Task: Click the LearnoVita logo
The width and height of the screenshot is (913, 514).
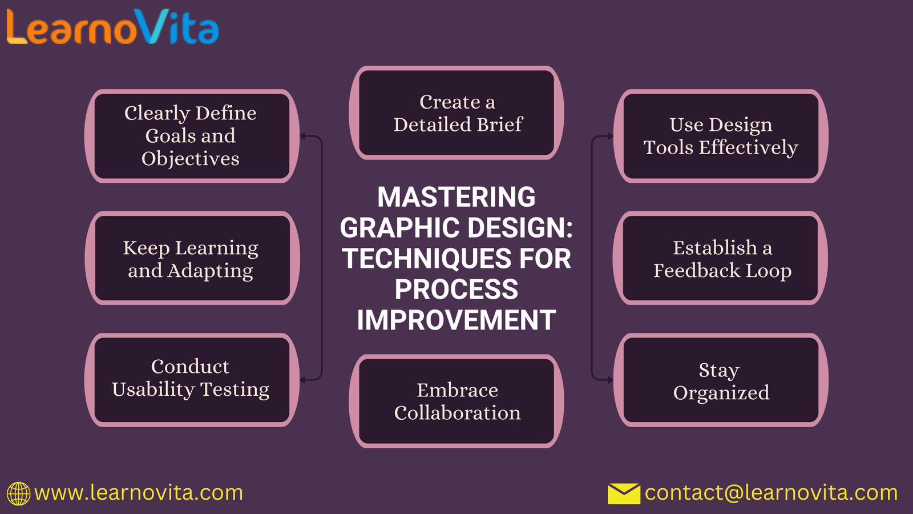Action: [x=112, y=26]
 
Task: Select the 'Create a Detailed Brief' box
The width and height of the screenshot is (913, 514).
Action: [x=457, y=113]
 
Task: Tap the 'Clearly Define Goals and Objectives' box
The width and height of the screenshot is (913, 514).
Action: [x=192, y=136]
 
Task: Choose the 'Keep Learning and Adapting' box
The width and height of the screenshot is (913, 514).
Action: [x=192, y=258]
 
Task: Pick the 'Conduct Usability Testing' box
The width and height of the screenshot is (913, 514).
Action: [x=192, y=380]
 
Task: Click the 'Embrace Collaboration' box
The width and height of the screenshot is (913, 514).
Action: [x=457, y=401]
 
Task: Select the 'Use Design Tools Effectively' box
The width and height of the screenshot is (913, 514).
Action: [x=721, y=136]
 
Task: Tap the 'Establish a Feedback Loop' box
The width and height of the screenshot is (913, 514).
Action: [x=721, y=258]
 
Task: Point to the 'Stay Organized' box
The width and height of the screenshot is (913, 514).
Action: [x=721, y=380]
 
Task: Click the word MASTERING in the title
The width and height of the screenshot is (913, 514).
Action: [x=457, y=197]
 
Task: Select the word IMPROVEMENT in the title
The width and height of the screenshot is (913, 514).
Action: [x=457, y=320]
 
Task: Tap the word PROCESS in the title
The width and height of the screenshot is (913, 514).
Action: [x=457, y=289]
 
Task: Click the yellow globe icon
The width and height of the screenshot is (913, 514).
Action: [x=18, y=493]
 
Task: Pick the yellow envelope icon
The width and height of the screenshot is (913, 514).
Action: [x=624, y=493]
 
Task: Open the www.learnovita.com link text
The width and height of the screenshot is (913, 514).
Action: [x=139, y=493]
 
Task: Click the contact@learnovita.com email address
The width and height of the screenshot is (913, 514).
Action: [x=771, y=493]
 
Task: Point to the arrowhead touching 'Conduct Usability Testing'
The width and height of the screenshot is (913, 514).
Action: [x=303, y=380]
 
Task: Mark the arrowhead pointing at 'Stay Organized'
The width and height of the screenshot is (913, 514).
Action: [x=610, y=380]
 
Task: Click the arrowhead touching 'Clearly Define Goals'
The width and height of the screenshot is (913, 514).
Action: [x=303, y=136]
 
